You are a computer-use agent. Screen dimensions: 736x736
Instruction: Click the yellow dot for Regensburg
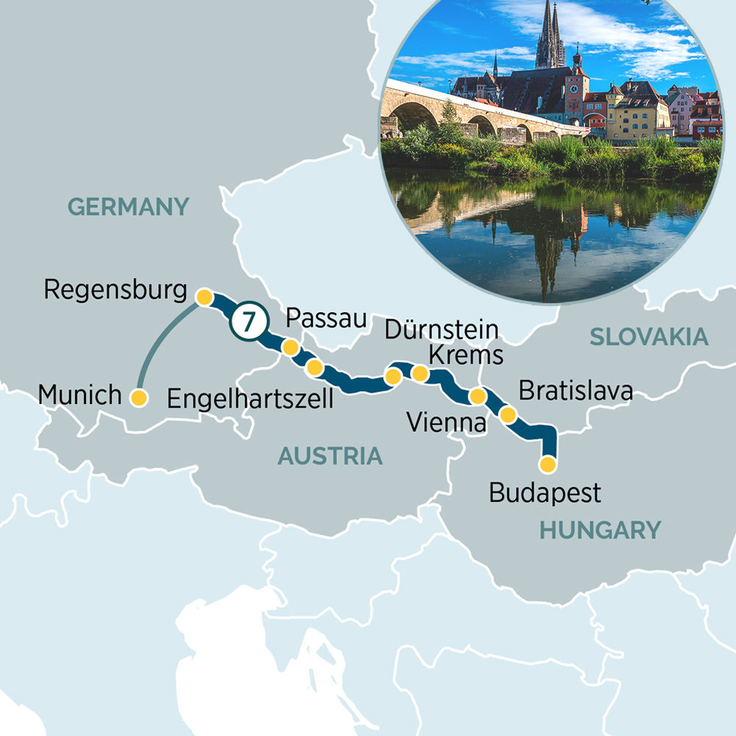click(x=204, y=297)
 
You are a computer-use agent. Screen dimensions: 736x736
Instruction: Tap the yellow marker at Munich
click(x=138, y=397)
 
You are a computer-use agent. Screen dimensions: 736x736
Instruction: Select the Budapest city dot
click(x=547, y=464)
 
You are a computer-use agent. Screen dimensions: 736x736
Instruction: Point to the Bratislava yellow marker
click(x=508, y=414)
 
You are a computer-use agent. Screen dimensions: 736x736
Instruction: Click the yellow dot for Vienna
click(x=478, y=397)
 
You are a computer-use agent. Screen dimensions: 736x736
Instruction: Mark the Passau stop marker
click(x=291, y=347)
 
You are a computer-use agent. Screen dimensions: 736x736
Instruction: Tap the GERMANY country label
click(x=129, y=206)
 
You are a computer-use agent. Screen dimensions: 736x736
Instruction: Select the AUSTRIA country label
click(x=330, y=456)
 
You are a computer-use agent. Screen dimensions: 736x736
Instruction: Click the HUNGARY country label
click(x=600, y=529)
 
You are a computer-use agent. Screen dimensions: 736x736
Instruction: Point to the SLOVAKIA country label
click(x=648, y=337)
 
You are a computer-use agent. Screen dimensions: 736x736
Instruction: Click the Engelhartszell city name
click(x=250, y=399)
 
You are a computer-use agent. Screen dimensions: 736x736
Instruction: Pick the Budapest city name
click(x=545, y=492)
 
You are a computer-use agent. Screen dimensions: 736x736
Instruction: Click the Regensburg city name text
click(x=116, y=289)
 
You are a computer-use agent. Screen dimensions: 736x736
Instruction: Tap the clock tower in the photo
click(x=576, y=92)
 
